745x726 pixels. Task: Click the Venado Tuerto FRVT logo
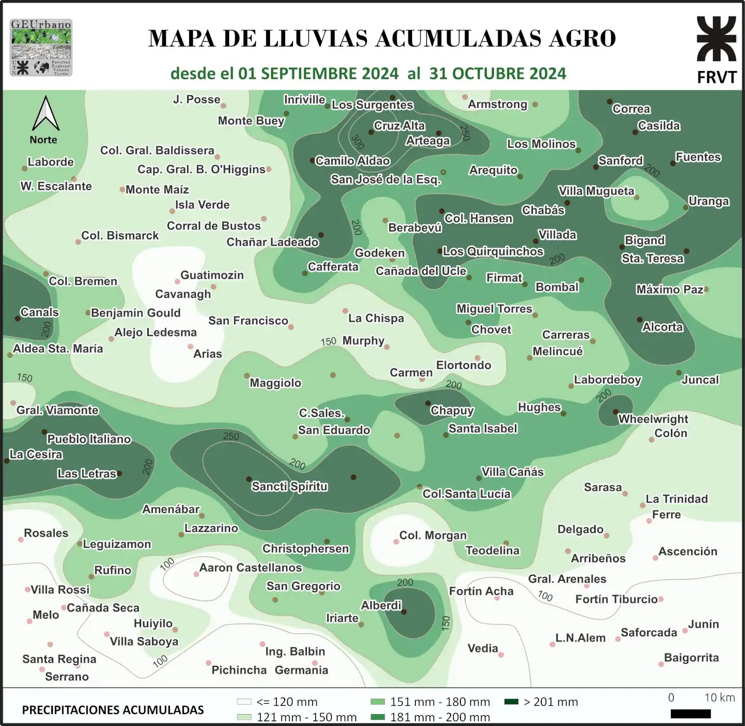(x=716, y=49)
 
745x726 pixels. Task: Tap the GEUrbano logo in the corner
(x=41, y=48)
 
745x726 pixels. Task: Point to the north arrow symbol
(x=46, y=113)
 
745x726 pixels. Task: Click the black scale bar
(x=690, y=714)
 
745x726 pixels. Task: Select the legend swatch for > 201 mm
(x=511, y=702)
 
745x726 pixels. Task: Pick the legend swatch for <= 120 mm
(x=244, y=702)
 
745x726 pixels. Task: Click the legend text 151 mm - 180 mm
(x=440, y=702)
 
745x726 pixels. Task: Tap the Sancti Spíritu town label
(x=289, y=487)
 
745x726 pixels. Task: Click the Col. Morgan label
(x=433, y=535)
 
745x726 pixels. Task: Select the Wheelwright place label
(x=653, y=419)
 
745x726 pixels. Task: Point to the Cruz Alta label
(x=399, y=126)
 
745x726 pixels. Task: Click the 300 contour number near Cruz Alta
(x=357, y=141)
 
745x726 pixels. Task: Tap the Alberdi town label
(x=381, y=605)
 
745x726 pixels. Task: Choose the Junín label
(x=703, y=624)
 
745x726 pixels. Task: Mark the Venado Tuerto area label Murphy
(x=363, y=340)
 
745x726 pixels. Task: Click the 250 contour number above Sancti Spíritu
(x=231, y=436)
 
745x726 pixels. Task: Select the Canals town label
(x=39, y=312)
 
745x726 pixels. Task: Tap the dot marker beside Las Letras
(x=119, y=473)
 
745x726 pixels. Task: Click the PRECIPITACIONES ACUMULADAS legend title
(x=113, y=710)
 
